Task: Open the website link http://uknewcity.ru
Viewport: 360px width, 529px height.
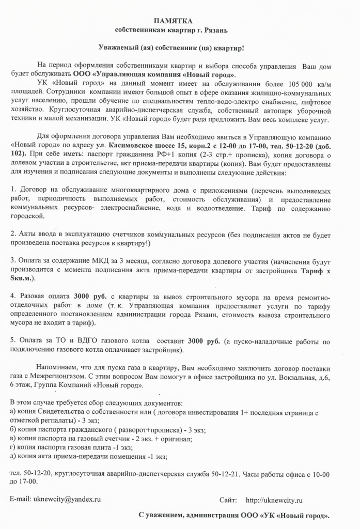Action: [274, 500]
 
